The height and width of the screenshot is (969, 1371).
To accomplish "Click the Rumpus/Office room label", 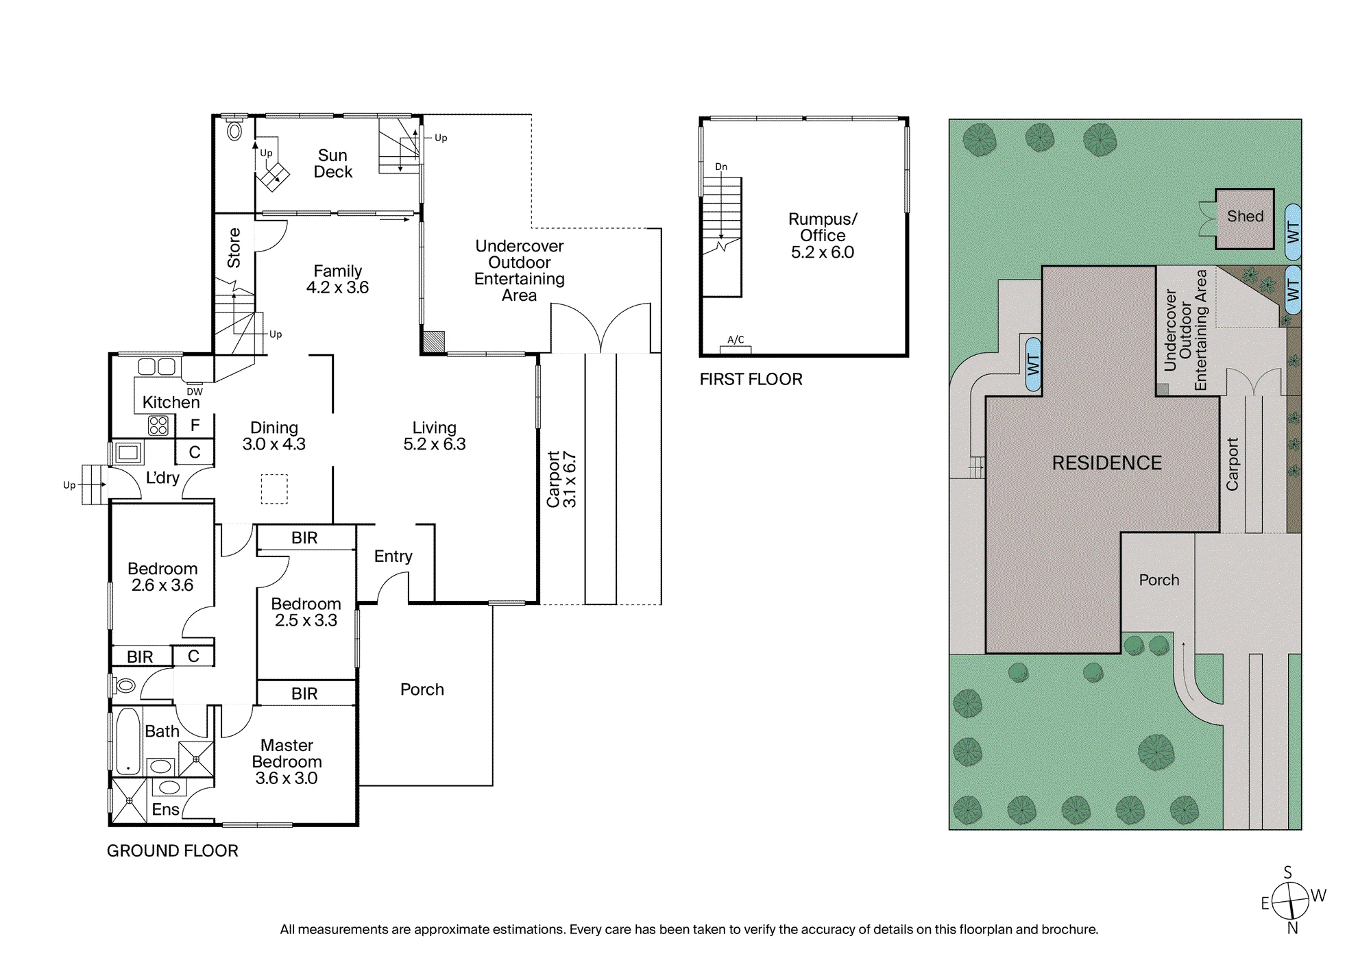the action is tap(823, 236).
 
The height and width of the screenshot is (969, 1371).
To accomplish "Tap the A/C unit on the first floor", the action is tap(736, 349).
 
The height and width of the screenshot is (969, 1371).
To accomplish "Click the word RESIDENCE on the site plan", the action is tap(1106, 463).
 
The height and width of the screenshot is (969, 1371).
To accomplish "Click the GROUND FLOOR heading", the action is tap(173, 851).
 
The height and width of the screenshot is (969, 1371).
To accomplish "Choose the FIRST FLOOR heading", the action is tap(751, 380).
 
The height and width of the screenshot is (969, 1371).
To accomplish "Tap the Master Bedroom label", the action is tap(287, 761).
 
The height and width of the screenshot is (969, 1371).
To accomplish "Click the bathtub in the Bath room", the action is tap(128, 742).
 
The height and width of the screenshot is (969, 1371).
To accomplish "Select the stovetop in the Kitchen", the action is tap(158, 426).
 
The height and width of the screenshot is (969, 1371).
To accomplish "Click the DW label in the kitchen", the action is tap(195, 392).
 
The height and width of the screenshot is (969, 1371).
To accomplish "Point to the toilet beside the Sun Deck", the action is tap(234, 129).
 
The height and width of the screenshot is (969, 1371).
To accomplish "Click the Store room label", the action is tap(234, 247).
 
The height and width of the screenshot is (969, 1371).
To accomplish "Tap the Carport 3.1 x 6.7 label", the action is tap(561, 479).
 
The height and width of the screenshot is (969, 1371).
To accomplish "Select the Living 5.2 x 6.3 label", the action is tap(434, 436).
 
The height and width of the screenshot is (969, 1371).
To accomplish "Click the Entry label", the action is tap(393, 556).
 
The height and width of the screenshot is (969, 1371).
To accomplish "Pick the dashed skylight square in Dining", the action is tap(274, 489).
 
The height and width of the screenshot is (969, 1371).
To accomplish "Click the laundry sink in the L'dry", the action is tap(129, 452).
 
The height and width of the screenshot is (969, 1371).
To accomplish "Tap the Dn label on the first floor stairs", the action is tap(721, 167).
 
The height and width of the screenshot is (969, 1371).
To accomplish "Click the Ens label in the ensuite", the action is tap(165, 809).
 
